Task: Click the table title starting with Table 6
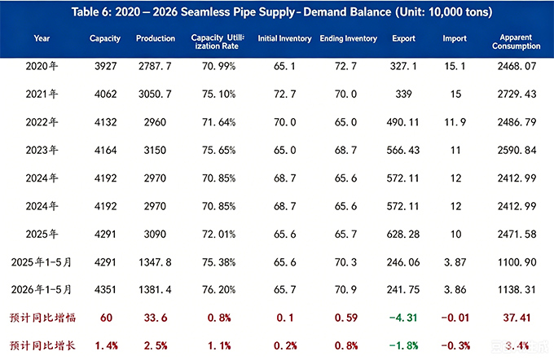282,12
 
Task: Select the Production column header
156,38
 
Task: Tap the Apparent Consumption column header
517,42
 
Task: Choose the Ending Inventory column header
349,38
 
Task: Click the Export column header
403,38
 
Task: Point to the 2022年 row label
42,122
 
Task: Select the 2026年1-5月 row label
42,290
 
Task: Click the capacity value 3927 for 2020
105,66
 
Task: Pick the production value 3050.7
155,94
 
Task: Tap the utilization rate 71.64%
218,122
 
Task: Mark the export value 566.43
403,150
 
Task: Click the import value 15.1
455,66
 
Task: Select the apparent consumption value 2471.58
517,235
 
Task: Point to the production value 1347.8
155,262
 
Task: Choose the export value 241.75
403,290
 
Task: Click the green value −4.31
403,318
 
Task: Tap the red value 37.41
517,318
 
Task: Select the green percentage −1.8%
404,345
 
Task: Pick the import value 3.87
455,262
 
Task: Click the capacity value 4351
105,290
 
